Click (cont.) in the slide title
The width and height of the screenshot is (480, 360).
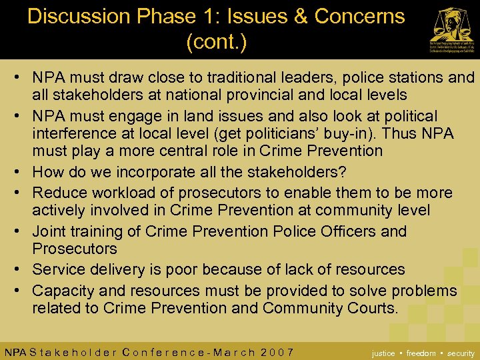click(217, 43)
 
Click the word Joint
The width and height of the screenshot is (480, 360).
click(50, 231)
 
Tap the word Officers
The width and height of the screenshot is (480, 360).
click(341, 231)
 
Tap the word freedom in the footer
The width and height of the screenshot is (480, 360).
click(421, 353)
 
